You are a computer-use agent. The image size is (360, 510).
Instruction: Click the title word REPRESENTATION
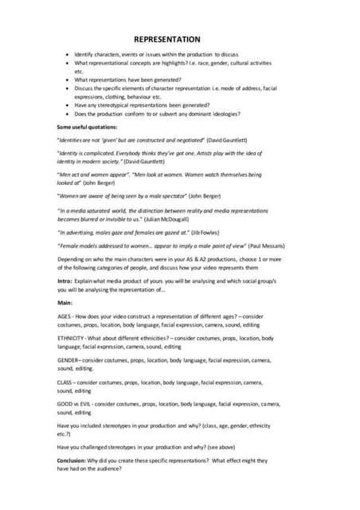[x=166, y=39]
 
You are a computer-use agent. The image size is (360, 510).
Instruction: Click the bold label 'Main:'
[x=65, y=304]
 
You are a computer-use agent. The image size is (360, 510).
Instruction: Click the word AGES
[x=65, y=316]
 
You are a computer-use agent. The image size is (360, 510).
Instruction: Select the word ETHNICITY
[x=72, y=339]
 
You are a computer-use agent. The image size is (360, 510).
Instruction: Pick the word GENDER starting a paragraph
[x=68, y=361]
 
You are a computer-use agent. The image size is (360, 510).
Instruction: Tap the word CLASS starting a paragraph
[x=65, y=383]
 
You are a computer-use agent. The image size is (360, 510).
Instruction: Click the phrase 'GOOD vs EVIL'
[x=76, y=405]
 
